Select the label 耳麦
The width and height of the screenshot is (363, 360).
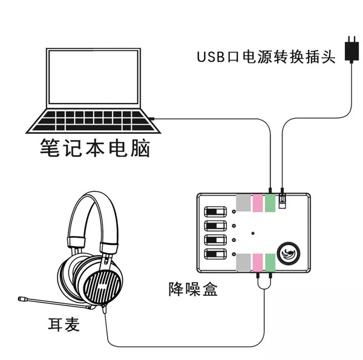point(63,325)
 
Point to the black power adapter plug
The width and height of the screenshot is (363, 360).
point(350,48)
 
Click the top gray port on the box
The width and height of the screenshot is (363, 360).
point(243,203)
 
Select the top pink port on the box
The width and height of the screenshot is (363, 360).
point(257,203)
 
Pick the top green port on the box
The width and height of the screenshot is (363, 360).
point(270,203)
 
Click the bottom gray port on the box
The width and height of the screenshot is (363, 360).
point(243,262)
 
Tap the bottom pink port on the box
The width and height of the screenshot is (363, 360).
point(257,262)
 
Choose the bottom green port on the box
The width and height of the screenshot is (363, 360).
point(270,262)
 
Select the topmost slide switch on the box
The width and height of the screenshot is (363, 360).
point(215,212)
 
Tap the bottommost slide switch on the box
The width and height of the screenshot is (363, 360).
point(215,254)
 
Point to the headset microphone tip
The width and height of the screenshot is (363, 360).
point(22,299)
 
